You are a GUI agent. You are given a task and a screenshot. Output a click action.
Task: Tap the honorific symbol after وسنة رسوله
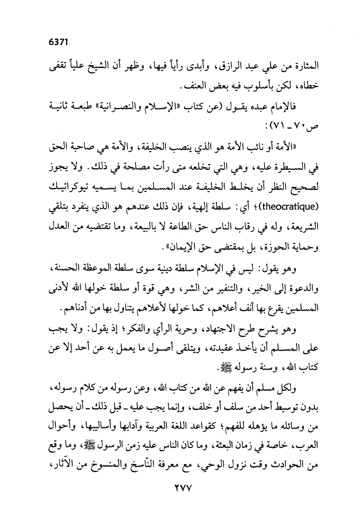209,368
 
